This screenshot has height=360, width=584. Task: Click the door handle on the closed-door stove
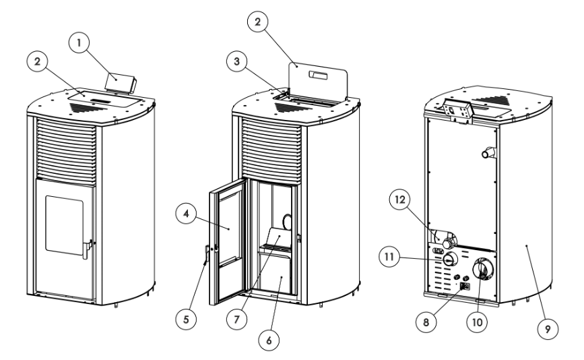pos(86,248)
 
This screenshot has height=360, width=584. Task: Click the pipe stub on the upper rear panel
pos(486,154)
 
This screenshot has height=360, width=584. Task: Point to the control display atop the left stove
pos(119,84)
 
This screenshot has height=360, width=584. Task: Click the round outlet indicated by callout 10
pos(482,269)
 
